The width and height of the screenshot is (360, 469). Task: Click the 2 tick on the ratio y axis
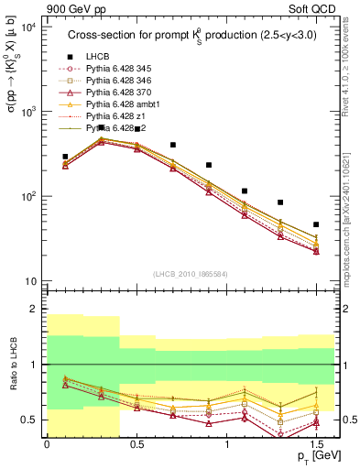(x=33, y=310)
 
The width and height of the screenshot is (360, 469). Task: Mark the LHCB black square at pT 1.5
(x=316, y=224)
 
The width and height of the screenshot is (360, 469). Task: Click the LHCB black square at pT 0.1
(x=65, y=157)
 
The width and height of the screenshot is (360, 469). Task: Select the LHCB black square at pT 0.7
(x=172, y=145)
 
